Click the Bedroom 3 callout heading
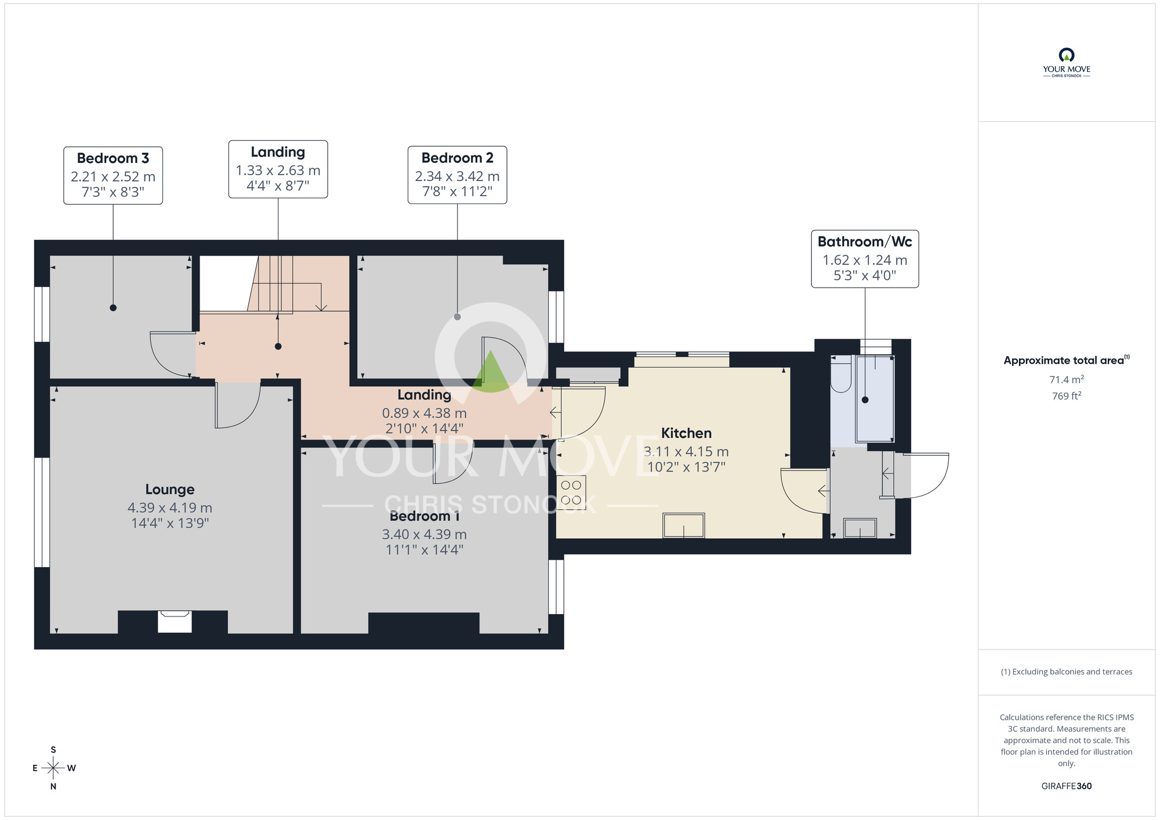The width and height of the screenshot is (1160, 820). coord(113,158)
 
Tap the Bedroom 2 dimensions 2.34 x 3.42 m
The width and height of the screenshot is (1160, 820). coord(457,176)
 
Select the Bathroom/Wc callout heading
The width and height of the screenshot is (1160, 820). coord(864,242)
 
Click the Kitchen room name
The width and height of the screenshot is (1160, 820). coord(686,433)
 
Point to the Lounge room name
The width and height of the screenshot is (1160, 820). coord(170,489)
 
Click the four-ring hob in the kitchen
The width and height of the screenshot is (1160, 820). coord(571,492)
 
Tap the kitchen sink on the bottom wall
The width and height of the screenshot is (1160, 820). coord(684,525)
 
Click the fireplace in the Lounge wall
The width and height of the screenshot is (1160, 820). coord(175,621)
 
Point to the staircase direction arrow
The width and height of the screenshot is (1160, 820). coord(321,306)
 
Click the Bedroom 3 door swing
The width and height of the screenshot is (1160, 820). coord(172,354)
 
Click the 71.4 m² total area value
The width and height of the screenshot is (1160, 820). coord(1066,380)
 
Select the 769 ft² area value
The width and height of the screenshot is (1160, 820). coord(1066,396)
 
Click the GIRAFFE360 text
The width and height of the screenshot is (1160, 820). coord(1066,786)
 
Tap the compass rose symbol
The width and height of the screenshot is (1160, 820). coord(53,768)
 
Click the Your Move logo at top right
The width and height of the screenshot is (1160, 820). coord(1066,63)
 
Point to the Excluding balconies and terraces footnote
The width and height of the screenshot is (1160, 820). coord(1066,672)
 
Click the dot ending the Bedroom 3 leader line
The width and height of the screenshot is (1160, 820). coord(113,308)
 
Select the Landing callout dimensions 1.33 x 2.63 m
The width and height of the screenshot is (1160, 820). coord(278,170)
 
